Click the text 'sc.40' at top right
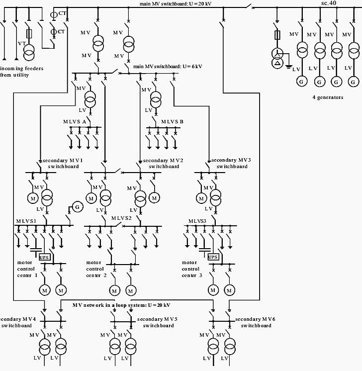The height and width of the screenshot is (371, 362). (329, 3)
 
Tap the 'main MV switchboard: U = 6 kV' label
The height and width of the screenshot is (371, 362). (168, 67)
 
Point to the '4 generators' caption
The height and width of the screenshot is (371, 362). (328, 97)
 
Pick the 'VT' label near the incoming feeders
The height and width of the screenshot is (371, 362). (21, 44)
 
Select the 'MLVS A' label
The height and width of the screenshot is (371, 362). (75, 122)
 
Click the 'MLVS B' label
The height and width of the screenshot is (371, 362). (172, 122)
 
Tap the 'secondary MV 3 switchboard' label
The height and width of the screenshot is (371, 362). (231, 163)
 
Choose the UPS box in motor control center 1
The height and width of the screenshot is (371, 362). (44, 257)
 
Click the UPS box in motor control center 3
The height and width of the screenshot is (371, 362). (213, 257)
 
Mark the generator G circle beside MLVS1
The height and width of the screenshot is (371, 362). (77, 206)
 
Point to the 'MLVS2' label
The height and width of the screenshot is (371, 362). (121, 218)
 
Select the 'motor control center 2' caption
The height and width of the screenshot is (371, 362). (95, 269)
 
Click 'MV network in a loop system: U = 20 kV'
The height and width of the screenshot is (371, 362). (121, 305)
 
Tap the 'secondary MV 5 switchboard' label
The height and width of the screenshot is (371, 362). (157, 322)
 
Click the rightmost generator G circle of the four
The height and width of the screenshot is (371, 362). (353, 82)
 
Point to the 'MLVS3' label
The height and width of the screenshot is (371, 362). (197, 221)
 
